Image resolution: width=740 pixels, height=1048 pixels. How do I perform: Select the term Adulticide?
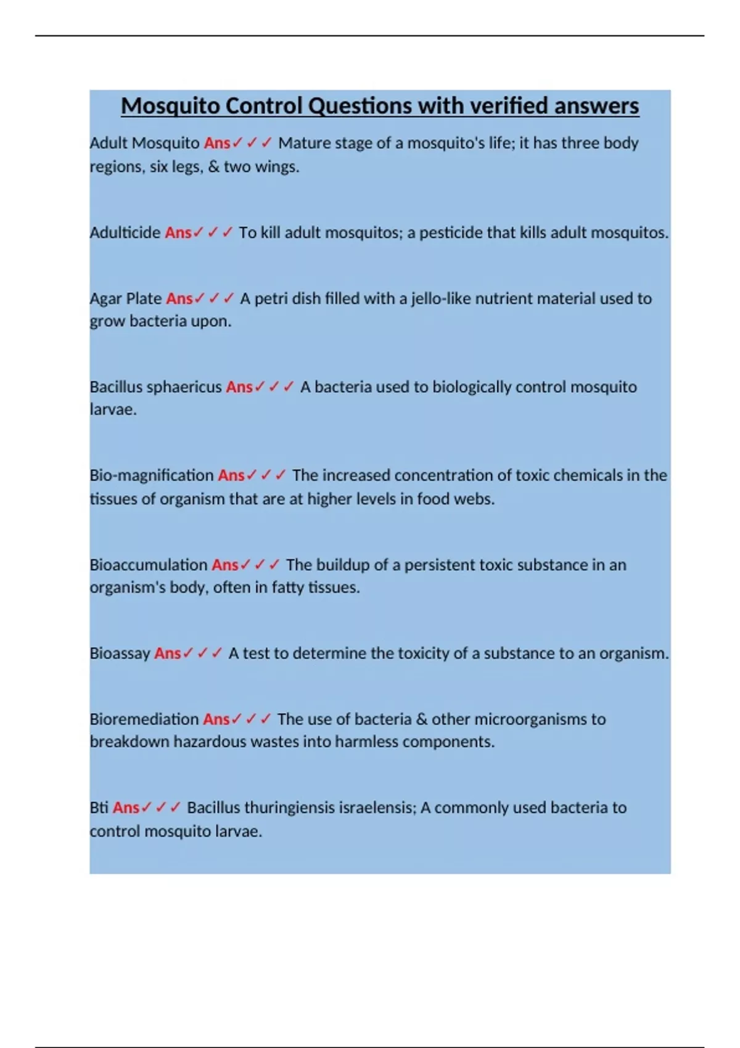(125, 233)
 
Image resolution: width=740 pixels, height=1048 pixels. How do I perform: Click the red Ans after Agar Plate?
(179, 299)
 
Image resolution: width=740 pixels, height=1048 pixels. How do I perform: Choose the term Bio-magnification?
(152, 476)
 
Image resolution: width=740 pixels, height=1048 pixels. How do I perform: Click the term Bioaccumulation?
(149, 565)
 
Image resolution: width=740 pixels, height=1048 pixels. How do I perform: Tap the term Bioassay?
(120, 653)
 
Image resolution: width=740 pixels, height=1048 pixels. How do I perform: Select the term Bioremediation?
(144, 719)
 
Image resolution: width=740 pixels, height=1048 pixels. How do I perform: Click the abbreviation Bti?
(99, 808)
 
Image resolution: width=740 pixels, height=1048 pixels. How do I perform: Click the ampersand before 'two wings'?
(214, 167)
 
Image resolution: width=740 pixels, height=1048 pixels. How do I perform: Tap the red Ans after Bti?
(126, 808)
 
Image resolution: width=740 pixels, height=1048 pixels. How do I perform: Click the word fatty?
(287, 587)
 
